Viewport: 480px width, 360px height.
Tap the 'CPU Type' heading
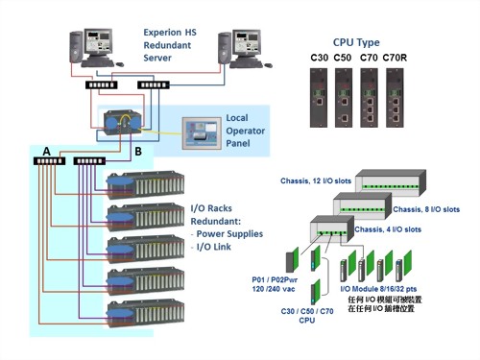pyautogui.click(x=356, y=42)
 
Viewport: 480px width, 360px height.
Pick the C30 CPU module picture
pyautogui.click(x=319, y=102)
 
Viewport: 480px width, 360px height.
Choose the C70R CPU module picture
pyautogui.click(x=395, y=102)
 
